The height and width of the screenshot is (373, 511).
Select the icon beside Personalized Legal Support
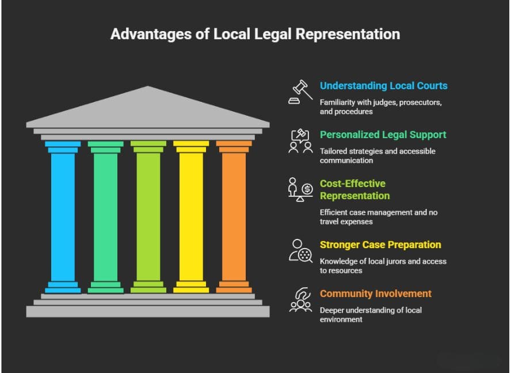tap(300, 140)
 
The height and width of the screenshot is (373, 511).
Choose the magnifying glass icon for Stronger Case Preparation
tap(300, 250)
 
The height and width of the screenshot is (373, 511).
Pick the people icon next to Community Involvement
tap(300, 299)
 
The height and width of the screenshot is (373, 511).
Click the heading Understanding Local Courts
tap(383, 86)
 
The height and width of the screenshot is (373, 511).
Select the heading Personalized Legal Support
tap(383, 135)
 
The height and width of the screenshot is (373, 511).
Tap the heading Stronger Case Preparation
tap(380, 245)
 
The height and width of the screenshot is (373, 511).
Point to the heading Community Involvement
tap(375, 294)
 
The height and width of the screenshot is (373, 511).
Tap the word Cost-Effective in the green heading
tap(353, 184)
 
